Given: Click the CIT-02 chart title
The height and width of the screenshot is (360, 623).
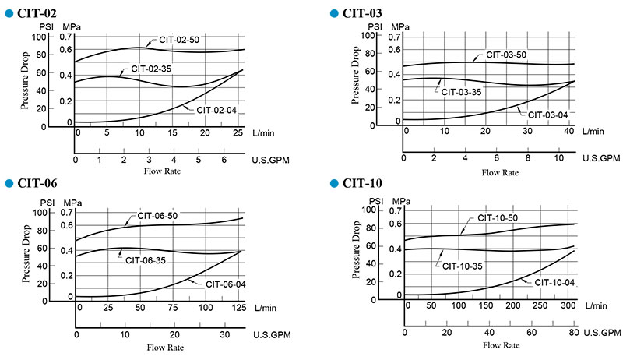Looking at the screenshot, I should click(x=38, y=13).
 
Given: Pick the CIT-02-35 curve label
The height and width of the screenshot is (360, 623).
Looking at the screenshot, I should click(x=151, y=69).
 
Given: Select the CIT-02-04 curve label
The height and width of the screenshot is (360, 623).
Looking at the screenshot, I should click(x=216, y=110).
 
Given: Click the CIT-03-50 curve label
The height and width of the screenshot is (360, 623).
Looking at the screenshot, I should click(x=506, y=55).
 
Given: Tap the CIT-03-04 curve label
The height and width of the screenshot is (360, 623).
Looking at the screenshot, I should click(x=547, y=115).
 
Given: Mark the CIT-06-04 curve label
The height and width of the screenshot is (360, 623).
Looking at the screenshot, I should click(x=225, y=284).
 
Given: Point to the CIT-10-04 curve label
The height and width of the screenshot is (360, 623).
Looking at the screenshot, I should click(x=554, y=281).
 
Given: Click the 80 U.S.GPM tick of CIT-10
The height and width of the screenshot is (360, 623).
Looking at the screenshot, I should click(x=571, y=333).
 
